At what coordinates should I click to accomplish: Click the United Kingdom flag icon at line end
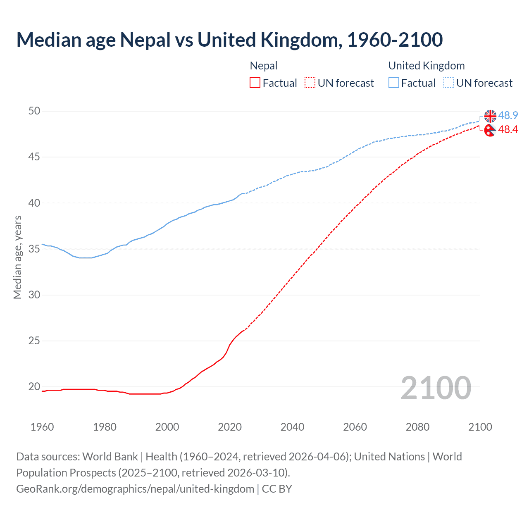click(490, 116)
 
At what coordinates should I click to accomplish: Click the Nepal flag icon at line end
click(490, 130)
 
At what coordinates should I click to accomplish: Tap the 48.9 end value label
click(508, 116)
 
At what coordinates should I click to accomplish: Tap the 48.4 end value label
click(508, 130)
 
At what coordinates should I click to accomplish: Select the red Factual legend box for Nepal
click(255, 83)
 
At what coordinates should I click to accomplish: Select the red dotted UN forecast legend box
click(310, 83)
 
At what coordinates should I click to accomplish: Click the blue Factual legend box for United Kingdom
click(394, 83)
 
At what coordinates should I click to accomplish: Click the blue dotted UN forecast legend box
click(448, 83)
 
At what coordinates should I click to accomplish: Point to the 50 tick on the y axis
click(34, 111)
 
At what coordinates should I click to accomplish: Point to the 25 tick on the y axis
click(34, 341)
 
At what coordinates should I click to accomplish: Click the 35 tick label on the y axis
click(34, 249)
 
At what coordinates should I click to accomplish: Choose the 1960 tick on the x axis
click(42, 427)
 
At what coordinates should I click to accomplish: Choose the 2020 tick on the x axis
click(230, 427)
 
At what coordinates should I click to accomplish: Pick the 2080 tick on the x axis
click(417, 427)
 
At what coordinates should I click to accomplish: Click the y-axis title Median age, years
click(17, 257)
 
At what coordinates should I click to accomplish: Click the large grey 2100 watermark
click(436, 388)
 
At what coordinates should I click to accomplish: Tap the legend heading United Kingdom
click(427, 66)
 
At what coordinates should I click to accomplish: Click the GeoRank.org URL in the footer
click(135, 489)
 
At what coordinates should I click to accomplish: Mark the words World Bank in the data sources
click(110, 457)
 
